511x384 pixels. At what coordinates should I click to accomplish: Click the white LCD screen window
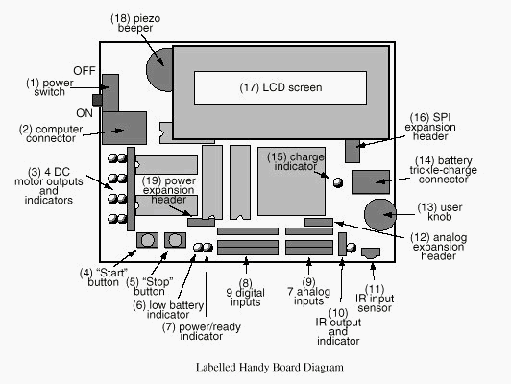coord(280,87)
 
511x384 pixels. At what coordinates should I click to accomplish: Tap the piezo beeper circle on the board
coord(159,70)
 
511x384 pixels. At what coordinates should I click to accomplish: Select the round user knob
coord(380,215)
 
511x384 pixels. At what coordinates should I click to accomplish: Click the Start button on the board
coord(147,240)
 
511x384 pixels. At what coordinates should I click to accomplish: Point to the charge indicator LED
coord(338,182)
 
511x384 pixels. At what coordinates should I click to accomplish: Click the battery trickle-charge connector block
coord(371,182)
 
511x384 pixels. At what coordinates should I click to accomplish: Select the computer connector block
coord(124,128)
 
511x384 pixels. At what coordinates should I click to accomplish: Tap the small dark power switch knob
coord(97,100)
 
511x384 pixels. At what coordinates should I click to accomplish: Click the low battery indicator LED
coord(198,248)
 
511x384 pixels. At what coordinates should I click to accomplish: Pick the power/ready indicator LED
coord(207,248)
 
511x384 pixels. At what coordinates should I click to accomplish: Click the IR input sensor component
coord(371,253)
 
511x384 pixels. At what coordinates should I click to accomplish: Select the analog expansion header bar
coord(319,222)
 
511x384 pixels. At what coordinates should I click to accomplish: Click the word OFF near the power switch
coord(85,71)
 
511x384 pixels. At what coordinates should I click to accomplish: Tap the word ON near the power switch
coord(85,113)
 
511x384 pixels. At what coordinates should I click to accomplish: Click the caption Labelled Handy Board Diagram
coord(270,368)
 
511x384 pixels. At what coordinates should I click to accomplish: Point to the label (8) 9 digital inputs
coord(245,293)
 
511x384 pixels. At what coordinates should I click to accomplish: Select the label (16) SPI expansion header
coord(430,127)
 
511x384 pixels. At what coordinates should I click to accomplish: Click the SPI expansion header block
coord(353,151)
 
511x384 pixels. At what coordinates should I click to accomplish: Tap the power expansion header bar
coord(201,222)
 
